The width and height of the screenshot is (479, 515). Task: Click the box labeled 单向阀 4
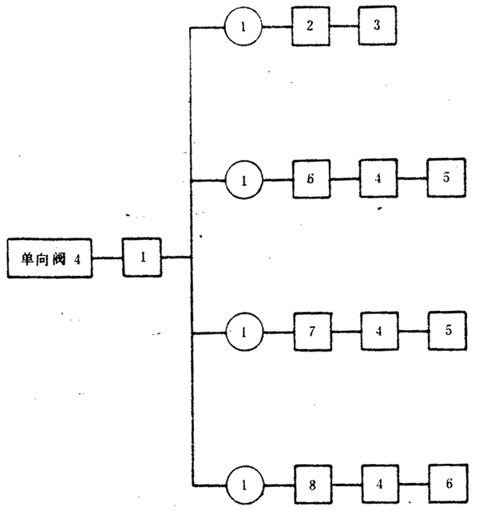[x=49, y=257]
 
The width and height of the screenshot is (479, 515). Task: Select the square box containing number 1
[x=142, y=257]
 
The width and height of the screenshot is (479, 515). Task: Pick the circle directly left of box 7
[x=243, y=329]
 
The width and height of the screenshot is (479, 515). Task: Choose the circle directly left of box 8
[x=243, y=483]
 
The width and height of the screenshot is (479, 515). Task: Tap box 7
[x=311, y=329]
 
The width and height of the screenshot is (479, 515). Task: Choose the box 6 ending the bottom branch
[x=447, y=483]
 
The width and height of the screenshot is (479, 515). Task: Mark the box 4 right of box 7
[x=379, y=329]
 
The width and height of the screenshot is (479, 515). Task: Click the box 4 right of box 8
[x=379, y=483]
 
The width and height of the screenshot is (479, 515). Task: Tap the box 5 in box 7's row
[x=447, y=329]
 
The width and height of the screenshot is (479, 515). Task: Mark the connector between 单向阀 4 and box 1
[x=108, y=257]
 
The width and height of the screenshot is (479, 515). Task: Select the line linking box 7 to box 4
[x=345, y=329]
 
